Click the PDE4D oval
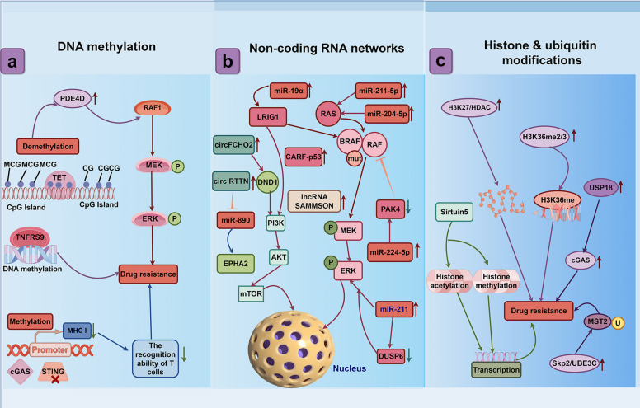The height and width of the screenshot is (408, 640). pyautogui.click(x=73, y=98)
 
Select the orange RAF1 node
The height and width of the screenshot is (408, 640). pyautogui.click(x=153, y=108)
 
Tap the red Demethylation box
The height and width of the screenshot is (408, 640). pyautogui.click(x=48, y=146)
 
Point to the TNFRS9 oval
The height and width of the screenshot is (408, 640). pyautogui.click(x=30, y=237)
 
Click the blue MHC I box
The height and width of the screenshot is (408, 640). pyautogui.click(x=77, y=331)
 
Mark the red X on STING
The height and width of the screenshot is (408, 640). pyautogui.click(x=55, y=379)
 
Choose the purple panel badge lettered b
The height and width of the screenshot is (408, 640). pyautogui.click(x=228, y=61)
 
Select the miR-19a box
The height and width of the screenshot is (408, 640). pyautogui.click(x=288, y=91)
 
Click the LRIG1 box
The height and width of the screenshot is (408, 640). pyautogui.click(x=268, y=117)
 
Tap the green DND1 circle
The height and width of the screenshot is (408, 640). pyautogui.click(x=268, y=182)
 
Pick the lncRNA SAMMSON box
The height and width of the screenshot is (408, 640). pyautogui.click(x=314, y=201)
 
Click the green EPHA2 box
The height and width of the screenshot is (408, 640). pyautogui.click(x=236, y=264)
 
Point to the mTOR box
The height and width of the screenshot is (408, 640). pyautogui.click(x=251, y=293)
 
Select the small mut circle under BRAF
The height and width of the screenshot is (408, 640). pyautogui.click(x=355, y=158)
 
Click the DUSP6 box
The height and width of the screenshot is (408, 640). pyautogui.click(x=391, y=356)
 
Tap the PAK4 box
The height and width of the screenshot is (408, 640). pyautogui.click(x=390, y=209)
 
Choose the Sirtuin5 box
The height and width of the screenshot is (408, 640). pyautogui.click(x=454, y=212)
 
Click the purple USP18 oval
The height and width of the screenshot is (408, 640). pyautogui.click(x=600, y=188)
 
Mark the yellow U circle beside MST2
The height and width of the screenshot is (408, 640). pyautogui.click(x=618, y=323)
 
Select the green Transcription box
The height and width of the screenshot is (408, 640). pyautogui.click(x=496, y=369)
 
